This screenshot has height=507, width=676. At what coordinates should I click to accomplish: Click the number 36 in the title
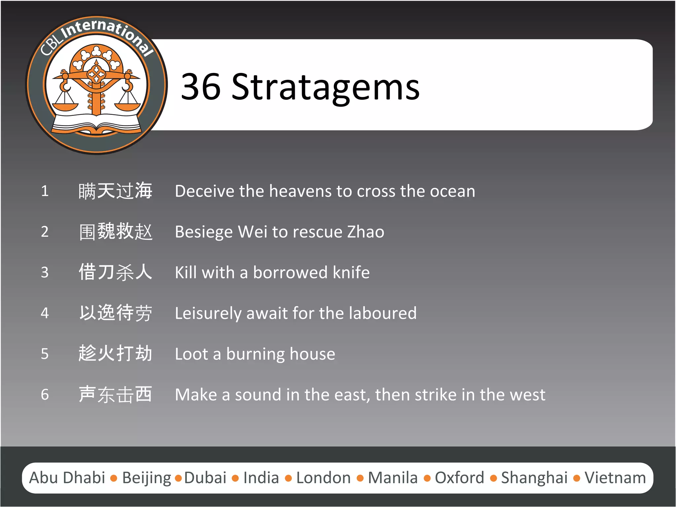[201, 87]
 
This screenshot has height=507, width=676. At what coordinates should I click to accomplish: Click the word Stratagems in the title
[325, 87]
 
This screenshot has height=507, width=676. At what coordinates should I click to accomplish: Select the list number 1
[45, 191]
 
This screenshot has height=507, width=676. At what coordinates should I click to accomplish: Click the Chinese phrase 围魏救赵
[116, 232]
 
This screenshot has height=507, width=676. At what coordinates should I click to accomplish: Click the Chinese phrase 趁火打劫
[116, 353]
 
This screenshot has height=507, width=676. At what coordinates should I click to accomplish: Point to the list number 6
[45, 394]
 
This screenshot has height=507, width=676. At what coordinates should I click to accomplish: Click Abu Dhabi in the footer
[67, 478]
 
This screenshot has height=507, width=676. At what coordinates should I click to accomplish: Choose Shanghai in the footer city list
[534, 478]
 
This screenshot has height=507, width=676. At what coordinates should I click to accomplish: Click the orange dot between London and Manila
[360, 478]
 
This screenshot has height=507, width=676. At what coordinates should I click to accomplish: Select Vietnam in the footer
[615, 478]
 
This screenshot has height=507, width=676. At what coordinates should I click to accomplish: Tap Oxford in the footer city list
[459, 478]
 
